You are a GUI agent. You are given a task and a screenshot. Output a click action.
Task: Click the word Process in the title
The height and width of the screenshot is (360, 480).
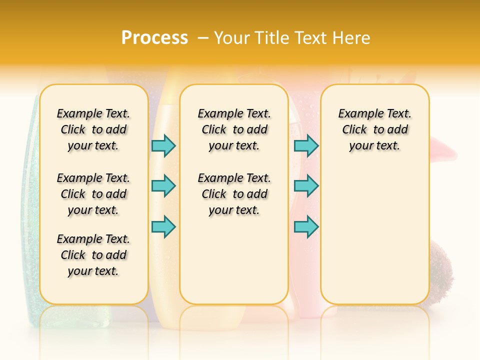(x=154, y=37)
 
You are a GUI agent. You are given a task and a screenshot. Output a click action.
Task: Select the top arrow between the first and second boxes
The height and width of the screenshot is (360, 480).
(x=163, y=145)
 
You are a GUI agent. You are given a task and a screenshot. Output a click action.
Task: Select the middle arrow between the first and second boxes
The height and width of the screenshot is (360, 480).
(x=163, y=186)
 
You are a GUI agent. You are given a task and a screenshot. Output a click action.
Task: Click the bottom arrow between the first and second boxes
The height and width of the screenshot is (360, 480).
(x=163, y=226)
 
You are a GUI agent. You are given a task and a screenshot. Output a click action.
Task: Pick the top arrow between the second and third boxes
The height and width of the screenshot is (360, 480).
(x=306, y=145)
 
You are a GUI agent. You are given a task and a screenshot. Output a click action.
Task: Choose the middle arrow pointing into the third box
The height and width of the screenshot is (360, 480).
(x=306, y=186)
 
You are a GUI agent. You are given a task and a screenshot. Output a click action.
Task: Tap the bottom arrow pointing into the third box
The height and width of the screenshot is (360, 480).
(x=306, y=226)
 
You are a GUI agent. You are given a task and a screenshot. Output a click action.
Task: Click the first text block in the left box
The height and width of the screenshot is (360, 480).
(x=93, y=129)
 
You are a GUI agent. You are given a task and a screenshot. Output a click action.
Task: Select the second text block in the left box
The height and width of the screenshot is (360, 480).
(x=93, y=194)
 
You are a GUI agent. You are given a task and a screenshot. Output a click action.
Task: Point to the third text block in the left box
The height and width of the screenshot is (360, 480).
(x=93, y=255)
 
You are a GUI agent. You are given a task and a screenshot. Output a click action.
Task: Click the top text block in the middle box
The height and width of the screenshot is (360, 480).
(x=234, y=129)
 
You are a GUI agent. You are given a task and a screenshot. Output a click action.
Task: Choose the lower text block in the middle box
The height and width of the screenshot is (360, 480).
(x=234, y=194)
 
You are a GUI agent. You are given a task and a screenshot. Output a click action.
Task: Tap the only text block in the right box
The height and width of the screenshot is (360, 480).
(x=374, y=129)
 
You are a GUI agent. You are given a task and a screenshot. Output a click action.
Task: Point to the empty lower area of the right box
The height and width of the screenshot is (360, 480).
(x=374, y=235)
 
